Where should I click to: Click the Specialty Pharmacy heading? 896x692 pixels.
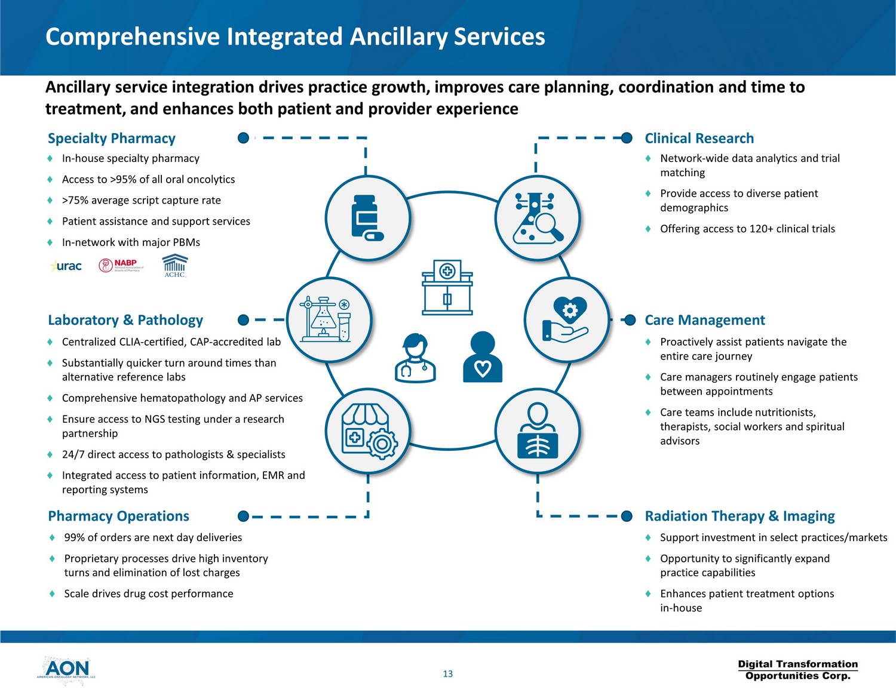[x=112, y=139]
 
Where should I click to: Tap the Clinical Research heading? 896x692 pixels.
[x=699, y=139]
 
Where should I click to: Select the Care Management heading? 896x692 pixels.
[x=704, y=320]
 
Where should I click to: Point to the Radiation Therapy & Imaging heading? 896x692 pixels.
[x=739, y=516]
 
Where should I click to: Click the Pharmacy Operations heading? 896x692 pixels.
[x=118, y=516]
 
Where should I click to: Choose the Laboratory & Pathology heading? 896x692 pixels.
[x=125, y=320]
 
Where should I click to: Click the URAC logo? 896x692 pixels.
[x=66, y=266]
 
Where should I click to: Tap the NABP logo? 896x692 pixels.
[x=121, y=265]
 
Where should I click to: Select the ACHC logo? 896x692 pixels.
[x=175, y=266]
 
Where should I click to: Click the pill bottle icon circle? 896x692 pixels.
[x=367, y=218]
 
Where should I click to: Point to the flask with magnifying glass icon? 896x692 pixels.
[x=538, y=218]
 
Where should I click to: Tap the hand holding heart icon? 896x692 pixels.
[x=566, y=319]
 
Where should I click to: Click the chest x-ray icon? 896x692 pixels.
[x=538, y=430]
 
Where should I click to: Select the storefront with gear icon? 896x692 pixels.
[x=367, y=430]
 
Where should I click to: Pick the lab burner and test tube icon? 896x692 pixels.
[x=329, y=319]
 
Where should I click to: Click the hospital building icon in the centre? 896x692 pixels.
[x=447, y=287]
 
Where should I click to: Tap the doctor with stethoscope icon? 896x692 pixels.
[x=415, y=358]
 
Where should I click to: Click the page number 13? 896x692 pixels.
[x=448, y=674]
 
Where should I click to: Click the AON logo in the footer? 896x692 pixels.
[x=66, y=669]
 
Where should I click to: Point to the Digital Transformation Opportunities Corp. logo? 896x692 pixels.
[x=797, y=670]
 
